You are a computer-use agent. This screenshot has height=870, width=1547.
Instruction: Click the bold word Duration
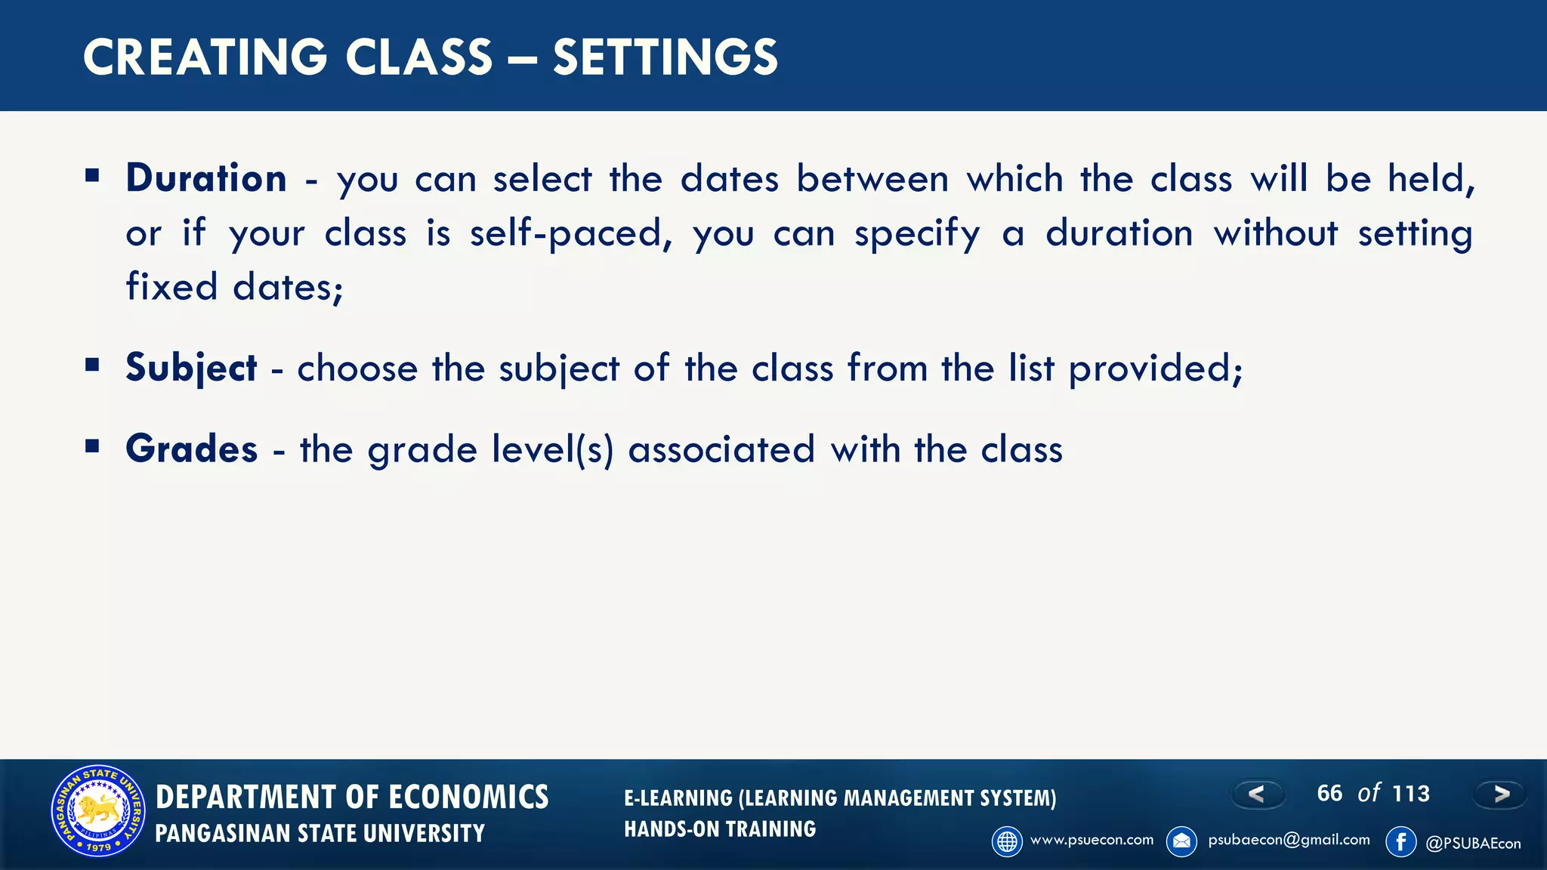206,179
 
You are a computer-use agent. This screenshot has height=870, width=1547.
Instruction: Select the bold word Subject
191,369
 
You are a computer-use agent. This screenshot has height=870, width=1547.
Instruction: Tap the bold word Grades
192,449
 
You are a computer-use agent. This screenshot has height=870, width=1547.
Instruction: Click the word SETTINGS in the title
665,57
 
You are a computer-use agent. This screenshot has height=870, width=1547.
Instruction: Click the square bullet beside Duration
93,177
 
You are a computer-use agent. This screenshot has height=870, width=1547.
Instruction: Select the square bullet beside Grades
93,446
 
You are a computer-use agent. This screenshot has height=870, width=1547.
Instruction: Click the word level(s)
553,450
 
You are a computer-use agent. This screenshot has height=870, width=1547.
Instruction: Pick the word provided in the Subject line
1154,369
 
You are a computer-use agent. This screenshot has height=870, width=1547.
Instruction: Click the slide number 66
1329,793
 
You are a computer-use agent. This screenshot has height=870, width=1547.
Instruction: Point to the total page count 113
1411,794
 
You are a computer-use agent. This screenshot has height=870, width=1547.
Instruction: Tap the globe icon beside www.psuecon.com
1007,841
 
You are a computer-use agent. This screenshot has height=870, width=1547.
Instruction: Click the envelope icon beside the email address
1181,841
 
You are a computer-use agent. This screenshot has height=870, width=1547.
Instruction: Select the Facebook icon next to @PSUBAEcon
1400,841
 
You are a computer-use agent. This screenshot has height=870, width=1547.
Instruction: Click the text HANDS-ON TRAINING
720,829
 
